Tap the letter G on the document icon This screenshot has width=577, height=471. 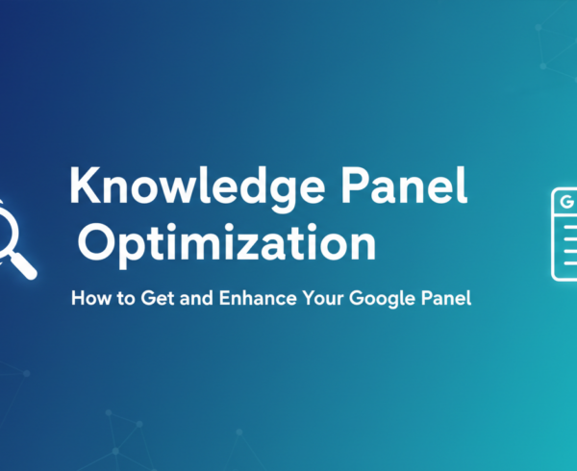[565, 204]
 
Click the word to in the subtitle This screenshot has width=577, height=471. [119, 300]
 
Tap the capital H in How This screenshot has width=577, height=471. [77, 300]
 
